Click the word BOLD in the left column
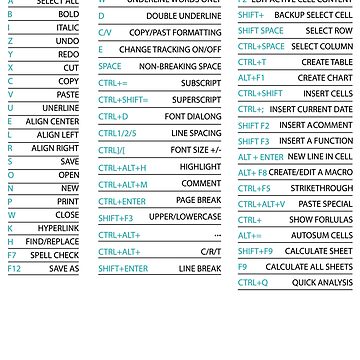(67, 16)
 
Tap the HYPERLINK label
(59, 227)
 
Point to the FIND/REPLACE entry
(54, 241)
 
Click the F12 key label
(13, 269)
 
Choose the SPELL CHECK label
(59, 255)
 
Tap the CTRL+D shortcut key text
(113, 116)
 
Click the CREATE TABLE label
(327, 61)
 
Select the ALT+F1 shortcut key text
(252, 76)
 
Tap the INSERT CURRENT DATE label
(311, 108)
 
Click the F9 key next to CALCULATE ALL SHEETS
(242, 267)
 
